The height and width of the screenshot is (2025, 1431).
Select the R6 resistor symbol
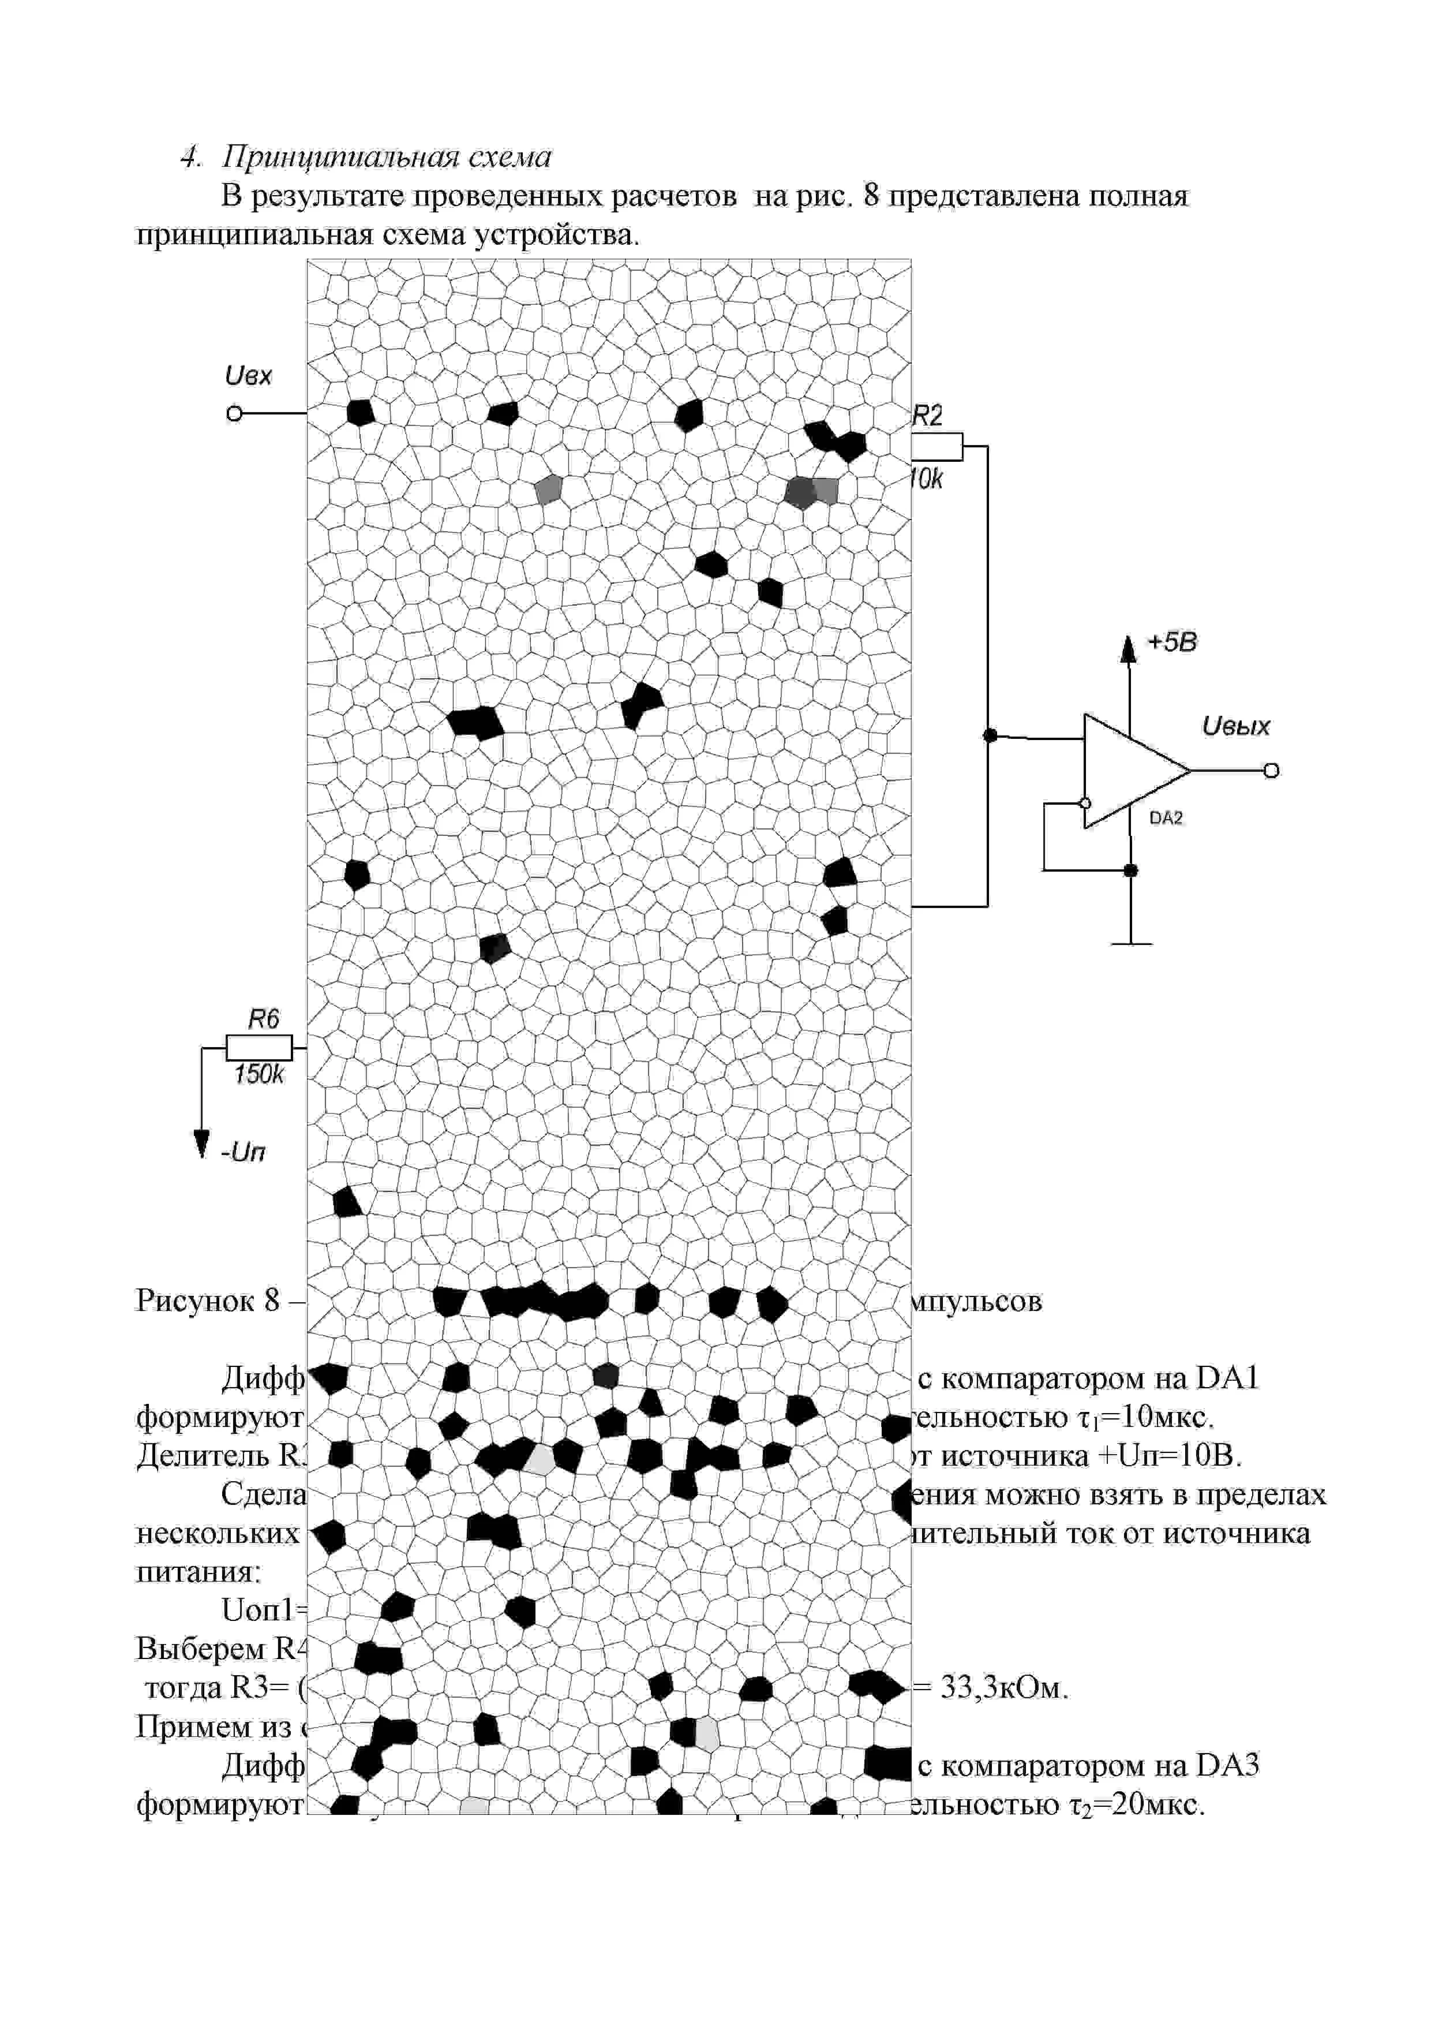[259, 1048]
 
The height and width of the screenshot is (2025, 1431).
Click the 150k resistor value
[259, 1074]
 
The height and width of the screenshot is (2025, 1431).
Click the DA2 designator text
[1166, 819]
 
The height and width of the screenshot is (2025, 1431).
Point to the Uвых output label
[1235, 727]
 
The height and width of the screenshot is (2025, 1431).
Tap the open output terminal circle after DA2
[1271, 771]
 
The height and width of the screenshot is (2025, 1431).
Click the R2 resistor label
[927, 416]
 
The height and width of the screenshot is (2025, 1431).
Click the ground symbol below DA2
[1131, 944]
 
